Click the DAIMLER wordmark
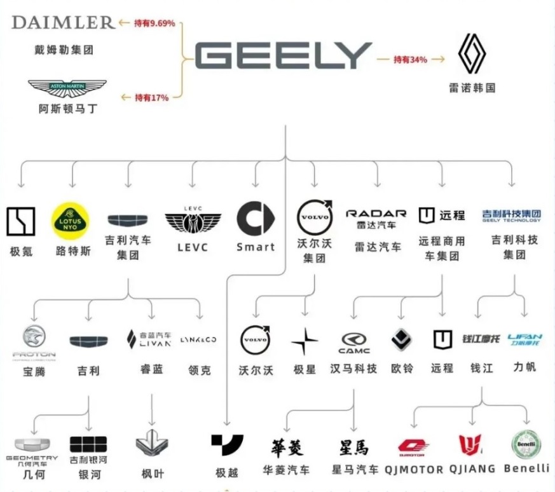(x=63, y=22)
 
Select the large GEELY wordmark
(x=283, y=56)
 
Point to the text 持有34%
(x=411, y=60)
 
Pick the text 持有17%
(x=151, y=98)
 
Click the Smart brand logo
(x=255, y=219)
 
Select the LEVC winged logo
(x=193, y=221)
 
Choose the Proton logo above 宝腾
(x=33, y=341)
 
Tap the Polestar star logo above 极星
(x=305, y=342)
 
